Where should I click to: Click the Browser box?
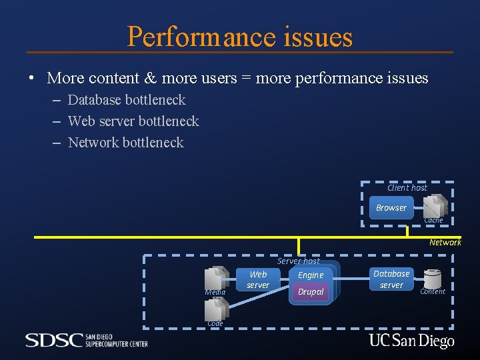[391, 208]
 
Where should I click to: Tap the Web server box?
[258, 280]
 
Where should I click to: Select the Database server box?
[391, 279]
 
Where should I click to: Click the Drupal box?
[311, 292]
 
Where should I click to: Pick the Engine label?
[311, 275]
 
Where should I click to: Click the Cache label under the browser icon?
[433, 221]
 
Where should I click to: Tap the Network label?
[445, 243]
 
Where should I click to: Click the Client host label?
[407, 188]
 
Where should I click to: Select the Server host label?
[298, 261]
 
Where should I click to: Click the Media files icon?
[217, 278]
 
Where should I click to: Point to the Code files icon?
[217, 309]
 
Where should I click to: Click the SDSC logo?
[86, 340]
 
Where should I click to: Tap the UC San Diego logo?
[411, 341]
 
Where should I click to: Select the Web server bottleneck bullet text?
[133, 121]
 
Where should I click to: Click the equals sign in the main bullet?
[246, 79]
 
